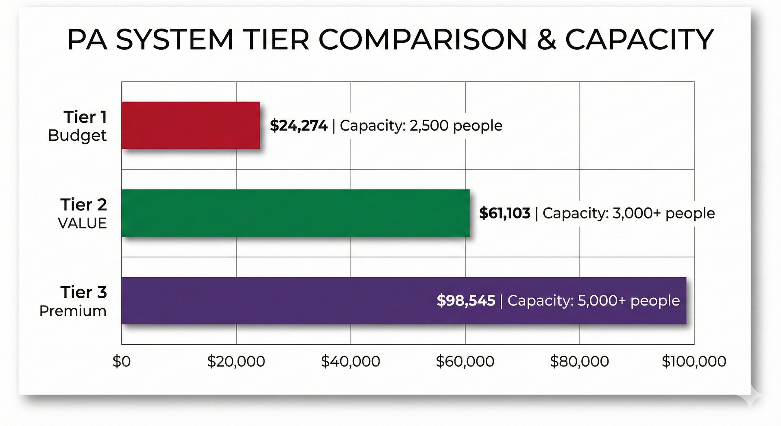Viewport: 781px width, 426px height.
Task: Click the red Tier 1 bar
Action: [191, 125]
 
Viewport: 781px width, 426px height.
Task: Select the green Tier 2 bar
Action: [295, 213]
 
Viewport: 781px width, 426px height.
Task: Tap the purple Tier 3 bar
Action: [277, 301]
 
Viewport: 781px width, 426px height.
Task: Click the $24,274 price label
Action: [299, 126]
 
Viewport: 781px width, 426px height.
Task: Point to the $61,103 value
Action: [504, 213]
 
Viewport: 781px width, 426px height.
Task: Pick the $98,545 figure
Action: [466, 301]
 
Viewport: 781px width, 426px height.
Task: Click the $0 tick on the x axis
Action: [122, 361]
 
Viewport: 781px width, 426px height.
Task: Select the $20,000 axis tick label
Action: [236, 361]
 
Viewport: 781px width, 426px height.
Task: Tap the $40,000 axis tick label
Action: [350, 361]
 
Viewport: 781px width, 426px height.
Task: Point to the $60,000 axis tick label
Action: [465, 361]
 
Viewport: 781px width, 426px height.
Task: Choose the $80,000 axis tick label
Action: [579, 361]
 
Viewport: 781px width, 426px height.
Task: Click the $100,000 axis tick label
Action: [694, 361]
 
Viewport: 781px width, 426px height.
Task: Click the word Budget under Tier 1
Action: [77, 135]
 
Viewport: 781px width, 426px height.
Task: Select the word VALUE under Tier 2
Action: [82, 223]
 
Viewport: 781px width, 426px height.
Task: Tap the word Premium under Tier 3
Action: [73, 311]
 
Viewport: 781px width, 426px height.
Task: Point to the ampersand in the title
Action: [546, 40]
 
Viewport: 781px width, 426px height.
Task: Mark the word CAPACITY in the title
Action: [639, 40]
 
